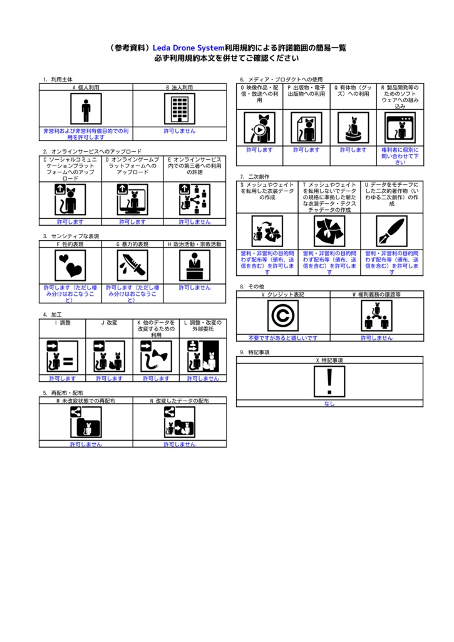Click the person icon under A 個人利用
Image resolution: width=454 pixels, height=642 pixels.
[86, 109]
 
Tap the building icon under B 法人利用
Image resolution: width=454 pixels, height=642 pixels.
[179, 109]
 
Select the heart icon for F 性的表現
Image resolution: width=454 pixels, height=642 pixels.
[70, 265]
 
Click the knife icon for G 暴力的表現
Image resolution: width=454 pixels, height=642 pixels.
[132, 265]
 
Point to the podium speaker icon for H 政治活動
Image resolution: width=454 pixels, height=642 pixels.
[194, 265]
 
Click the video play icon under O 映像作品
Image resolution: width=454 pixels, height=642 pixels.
[259, 128]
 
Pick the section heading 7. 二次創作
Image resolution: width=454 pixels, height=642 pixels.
[254, 177]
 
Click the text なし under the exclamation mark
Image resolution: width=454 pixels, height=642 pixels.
[329, 404]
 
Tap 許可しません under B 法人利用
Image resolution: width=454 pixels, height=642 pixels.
[179, 131]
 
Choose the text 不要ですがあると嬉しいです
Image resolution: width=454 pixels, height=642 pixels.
[282, 338]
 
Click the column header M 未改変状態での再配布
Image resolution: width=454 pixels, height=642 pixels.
[86, 400]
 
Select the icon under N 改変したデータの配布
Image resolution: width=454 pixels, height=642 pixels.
[179, 421]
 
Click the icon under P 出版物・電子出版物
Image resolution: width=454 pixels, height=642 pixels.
[306, 128]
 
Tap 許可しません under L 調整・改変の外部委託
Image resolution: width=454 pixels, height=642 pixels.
[203, 379]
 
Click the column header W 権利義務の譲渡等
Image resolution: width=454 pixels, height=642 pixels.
[376, 294]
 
